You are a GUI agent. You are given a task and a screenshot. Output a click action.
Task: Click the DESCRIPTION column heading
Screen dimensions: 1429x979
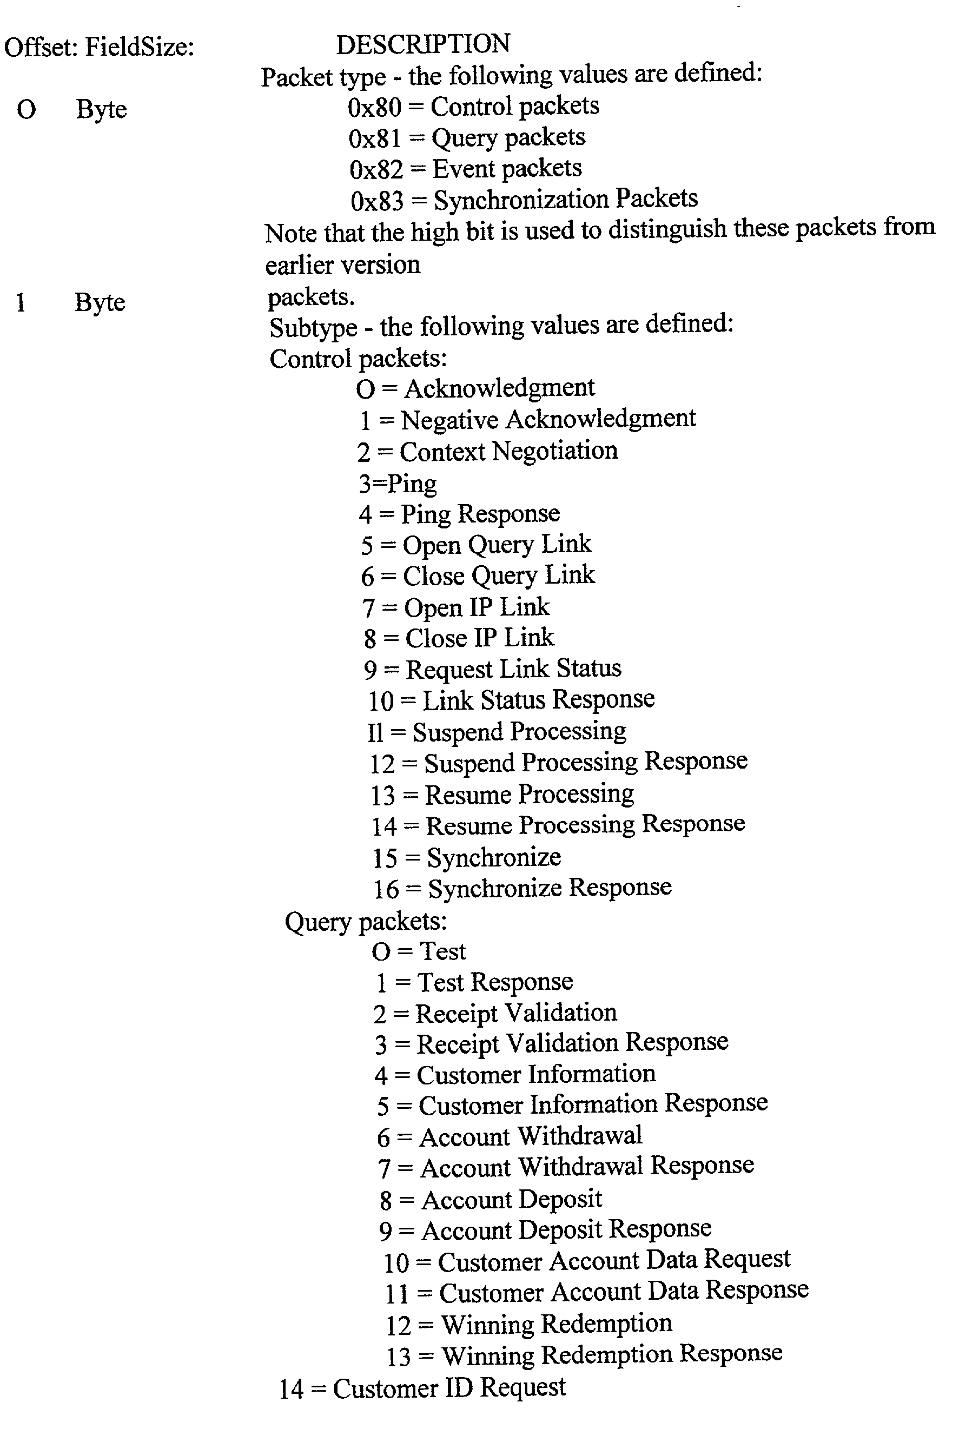click(422, 44)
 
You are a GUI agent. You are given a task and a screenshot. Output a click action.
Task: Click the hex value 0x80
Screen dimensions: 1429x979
click(374, 108)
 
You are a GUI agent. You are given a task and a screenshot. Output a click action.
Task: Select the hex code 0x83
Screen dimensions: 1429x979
click(376, 201)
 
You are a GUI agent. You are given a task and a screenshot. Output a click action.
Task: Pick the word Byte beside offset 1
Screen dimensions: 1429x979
click(100, 302)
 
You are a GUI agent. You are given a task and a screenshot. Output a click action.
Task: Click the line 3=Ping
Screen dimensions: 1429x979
click(398, 484)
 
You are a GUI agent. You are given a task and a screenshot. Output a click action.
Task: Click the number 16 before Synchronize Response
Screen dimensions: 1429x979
click(386, 889)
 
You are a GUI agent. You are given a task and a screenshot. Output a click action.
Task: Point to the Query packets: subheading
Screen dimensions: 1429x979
click(366, 921)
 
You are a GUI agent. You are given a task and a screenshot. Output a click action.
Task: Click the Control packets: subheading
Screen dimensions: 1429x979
click(358, 359)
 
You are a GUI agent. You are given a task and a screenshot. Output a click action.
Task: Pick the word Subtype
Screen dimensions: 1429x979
click(313, 327)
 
